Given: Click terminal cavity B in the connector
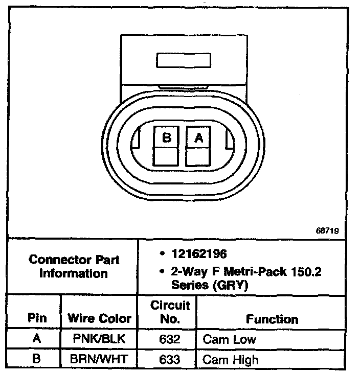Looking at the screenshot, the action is pyautogui.click(x=167, y=146).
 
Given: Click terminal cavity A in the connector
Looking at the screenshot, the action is pyautogui.click(x=198, y=146).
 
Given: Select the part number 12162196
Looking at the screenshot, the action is pyautogui.click(x=199, y=254).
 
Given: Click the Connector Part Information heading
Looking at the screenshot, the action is pyautogui.click(x=74, y=266).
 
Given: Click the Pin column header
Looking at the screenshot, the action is pyautogui.click(x=37, y=318).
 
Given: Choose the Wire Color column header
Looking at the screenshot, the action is pyautogui.click(x=99, y=318).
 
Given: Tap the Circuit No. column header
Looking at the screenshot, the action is pyautogui.click(x=170, y=312).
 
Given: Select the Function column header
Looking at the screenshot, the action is pyautogui.click(x=272, y=319).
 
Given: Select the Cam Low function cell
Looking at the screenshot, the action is pyautogui.click(x=230, y=339).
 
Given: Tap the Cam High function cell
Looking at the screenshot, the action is pyautogui.click(x=231, y=359).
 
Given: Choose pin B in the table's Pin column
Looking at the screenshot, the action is pyautogui.click(x=36, y=359).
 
